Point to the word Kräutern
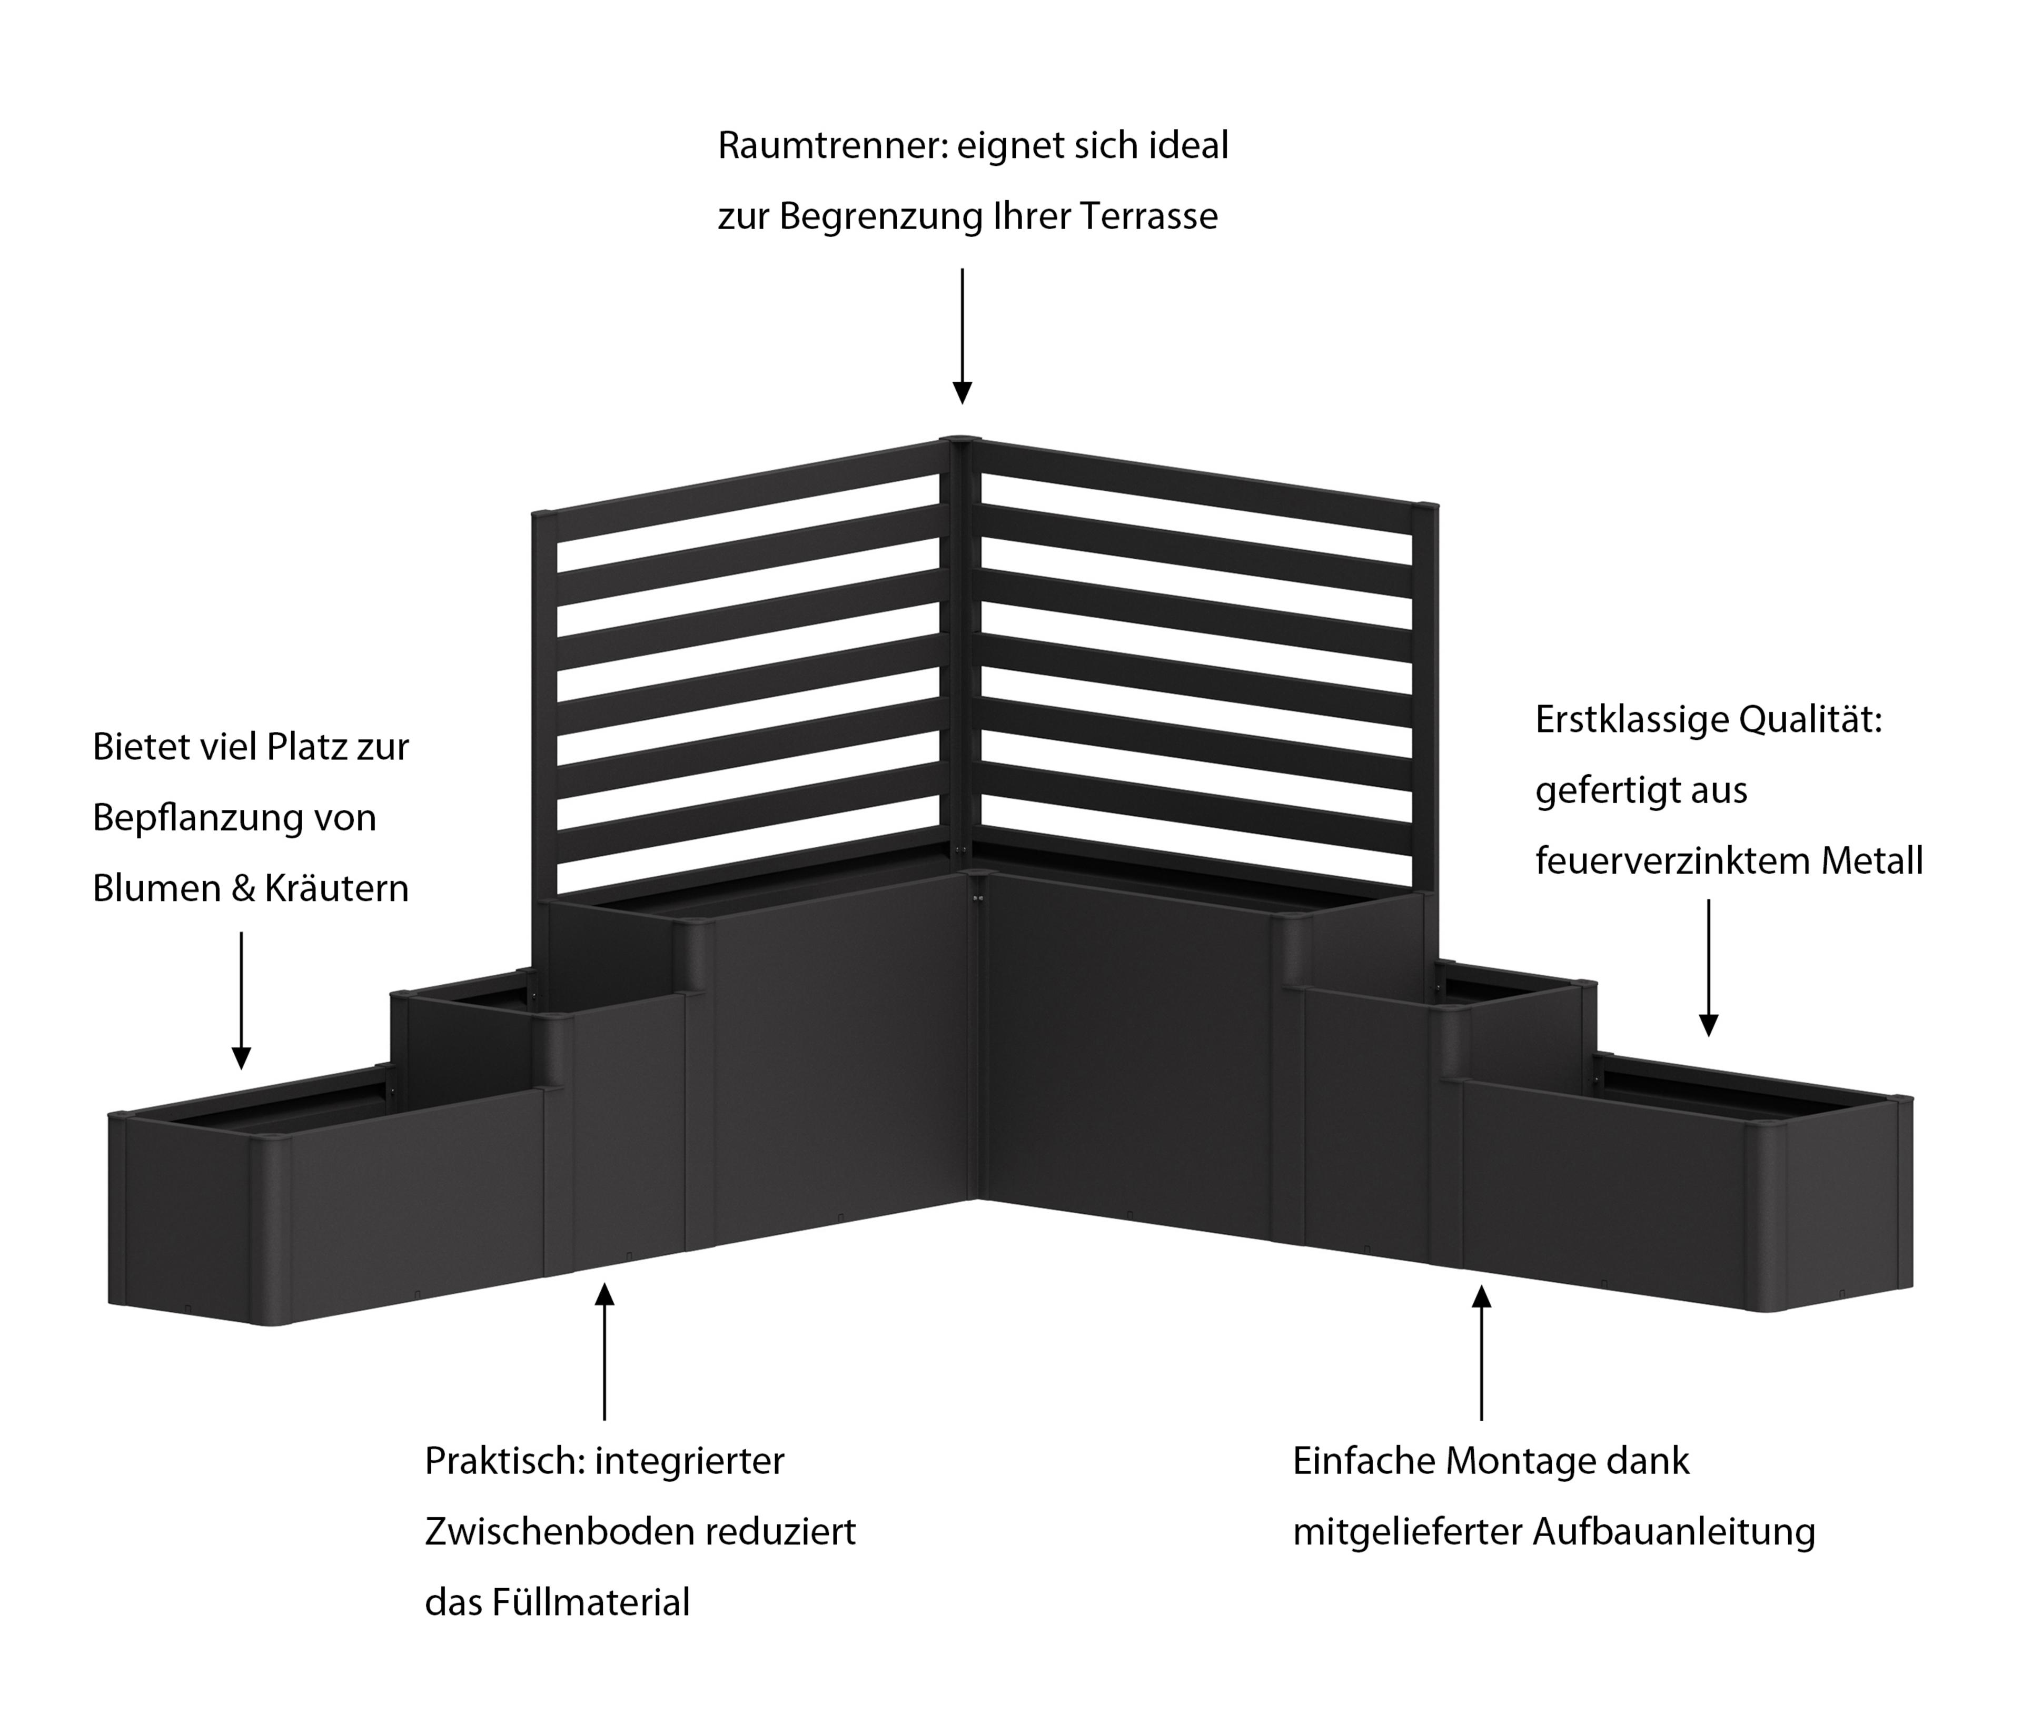338,889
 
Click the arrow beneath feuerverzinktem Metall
1708,967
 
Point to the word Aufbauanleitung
1673,1532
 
